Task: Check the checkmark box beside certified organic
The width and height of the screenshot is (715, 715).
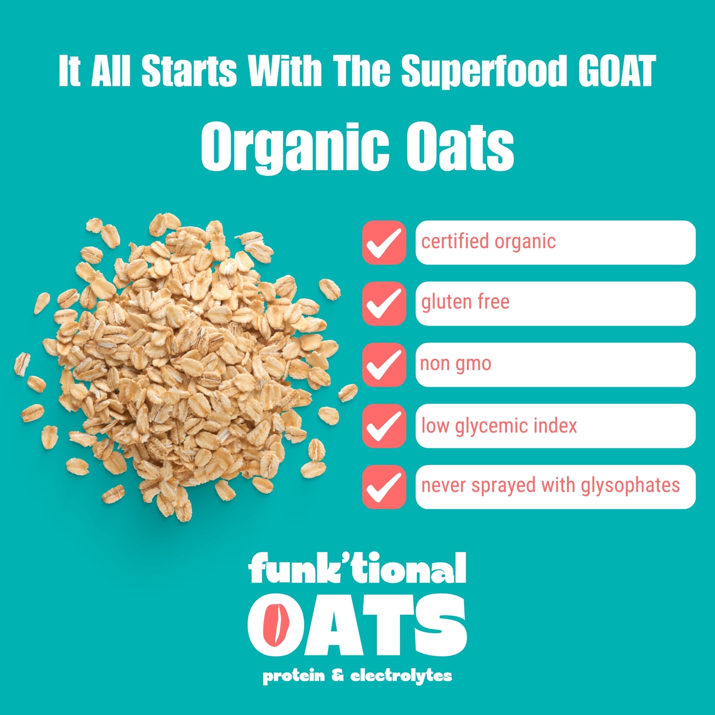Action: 384,242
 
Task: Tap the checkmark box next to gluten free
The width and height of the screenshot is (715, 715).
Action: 384,304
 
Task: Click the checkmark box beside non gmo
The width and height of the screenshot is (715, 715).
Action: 384,365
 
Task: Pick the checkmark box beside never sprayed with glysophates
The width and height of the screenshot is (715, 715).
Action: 384,487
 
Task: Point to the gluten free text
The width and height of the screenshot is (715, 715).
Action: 465,302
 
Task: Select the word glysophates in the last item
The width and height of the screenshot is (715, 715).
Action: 631,486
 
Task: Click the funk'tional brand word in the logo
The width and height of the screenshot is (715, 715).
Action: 357,568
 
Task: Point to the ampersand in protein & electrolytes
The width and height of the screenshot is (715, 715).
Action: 338,676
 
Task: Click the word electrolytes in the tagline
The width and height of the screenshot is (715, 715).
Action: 401,676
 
